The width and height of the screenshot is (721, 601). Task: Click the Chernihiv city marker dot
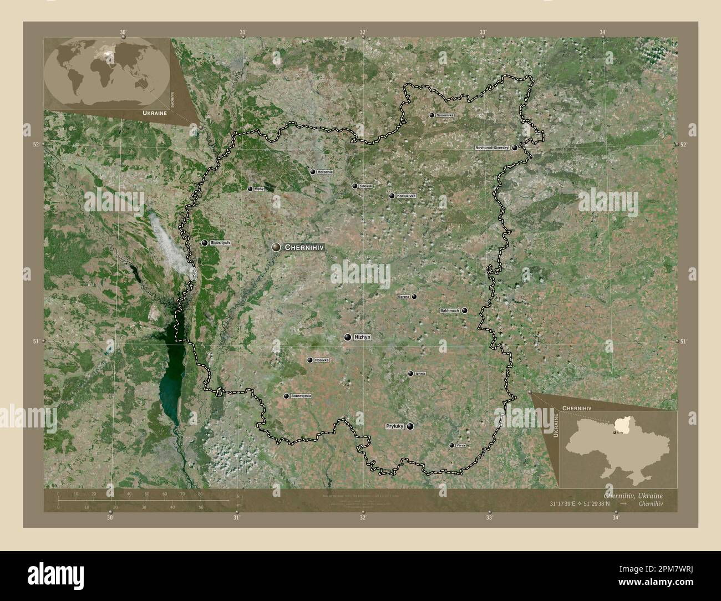(x=276, y=248)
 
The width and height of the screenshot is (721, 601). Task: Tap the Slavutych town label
(x=220, y=243)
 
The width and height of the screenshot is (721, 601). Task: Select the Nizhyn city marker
(x=348, y=337)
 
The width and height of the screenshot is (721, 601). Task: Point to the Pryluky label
(x=395, y=426)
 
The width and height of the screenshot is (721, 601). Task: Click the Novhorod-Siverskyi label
(x=492, y=148)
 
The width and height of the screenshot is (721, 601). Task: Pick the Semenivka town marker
(x=432, y=115)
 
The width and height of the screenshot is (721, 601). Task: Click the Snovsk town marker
(x=355, y=186)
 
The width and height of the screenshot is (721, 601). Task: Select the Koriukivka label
(x=405, y=196)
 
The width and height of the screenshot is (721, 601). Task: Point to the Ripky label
(x=258, y=189)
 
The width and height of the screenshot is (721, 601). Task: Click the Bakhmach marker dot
(x=465, y=310)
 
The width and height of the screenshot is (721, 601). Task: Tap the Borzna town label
(x=404, y=297)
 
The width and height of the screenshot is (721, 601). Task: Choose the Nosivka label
(x=322, y=360)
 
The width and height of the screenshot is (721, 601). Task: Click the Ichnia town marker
(x=410, y=374)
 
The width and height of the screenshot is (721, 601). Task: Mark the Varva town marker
(x=451, y=445)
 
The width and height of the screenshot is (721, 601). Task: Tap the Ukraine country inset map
(x=618, y=448)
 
